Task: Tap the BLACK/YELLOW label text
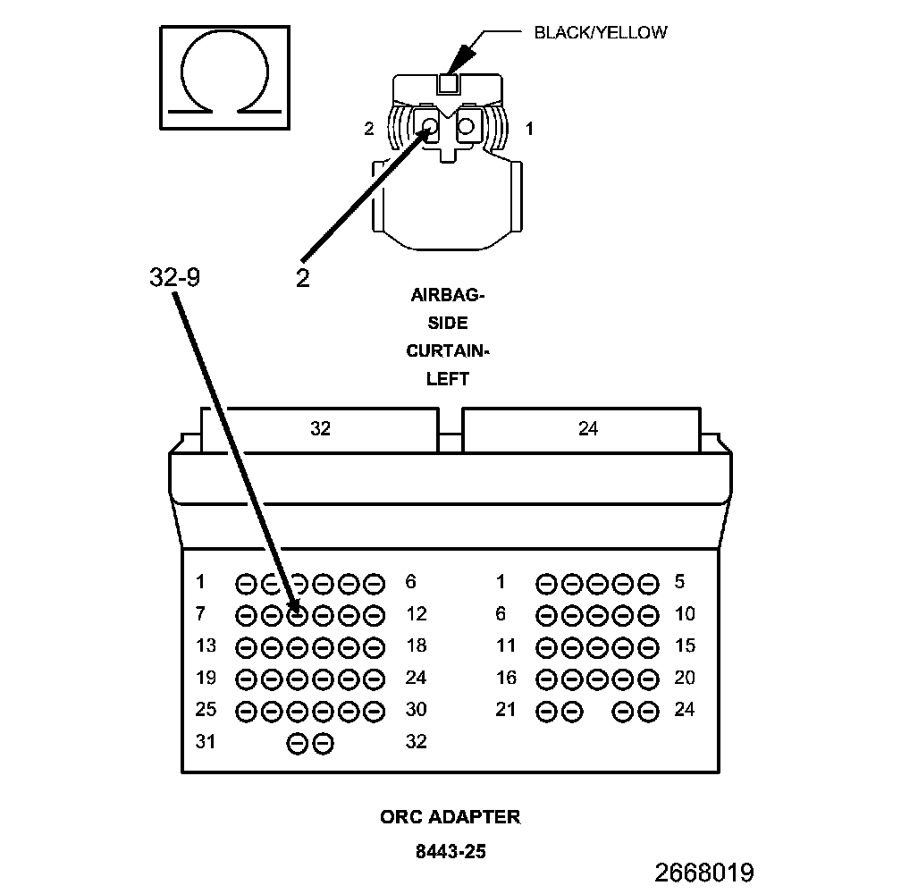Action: pos(600,33)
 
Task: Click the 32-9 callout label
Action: pos(174,277)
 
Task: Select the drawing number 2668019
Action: pos(704,873)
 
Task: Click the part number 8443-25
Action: pos(450,851)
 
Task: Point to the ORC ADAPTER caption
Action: pos(450,816)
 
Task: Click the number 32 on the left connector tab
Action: pos(321,429)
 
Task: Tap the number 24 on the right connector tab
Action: pos(587,429)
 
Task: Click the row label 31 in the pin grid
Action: pos(206,742)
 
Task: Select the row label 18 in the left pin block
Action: pos(416,646)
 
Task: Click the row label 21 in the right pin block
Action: pos(506,710)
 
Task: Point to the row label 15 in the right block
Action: pos(684,646)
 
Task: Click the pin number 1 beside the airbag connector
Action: pos(529,130)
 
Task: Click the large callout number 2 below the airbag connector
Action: pos(303,278)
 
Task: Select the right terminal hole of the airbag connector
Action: pos(465,127)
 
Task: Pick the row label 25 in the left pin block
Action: pos(206,710)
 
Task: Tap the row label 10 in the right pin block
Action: pos(684,614)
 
